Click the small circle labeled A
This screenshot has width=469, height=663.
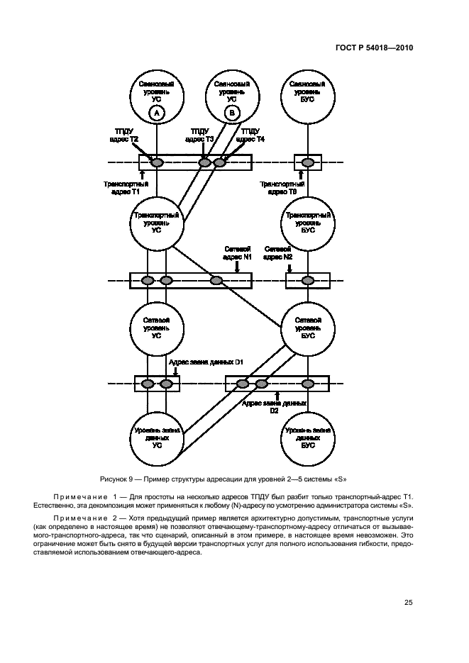click(158, 113)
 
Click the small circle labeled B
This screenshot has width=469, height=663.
click(232, 113)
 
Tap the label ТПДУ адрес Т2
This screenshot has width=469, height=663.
click(126, 135)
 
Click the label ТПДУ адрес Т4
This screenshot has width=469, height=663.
click(250, 135)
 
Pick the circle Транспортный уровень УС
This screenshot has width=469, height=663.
click(157, 222)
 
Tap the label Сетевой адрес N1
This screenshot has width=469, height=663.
click(238, 253)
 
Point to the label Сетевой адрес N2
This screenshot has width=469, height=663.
click(278, 253)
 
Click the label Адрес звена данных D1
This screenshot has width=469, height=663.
click(206, 362)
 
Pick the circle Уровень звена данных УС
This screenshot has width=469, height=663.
click(157, 438)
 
